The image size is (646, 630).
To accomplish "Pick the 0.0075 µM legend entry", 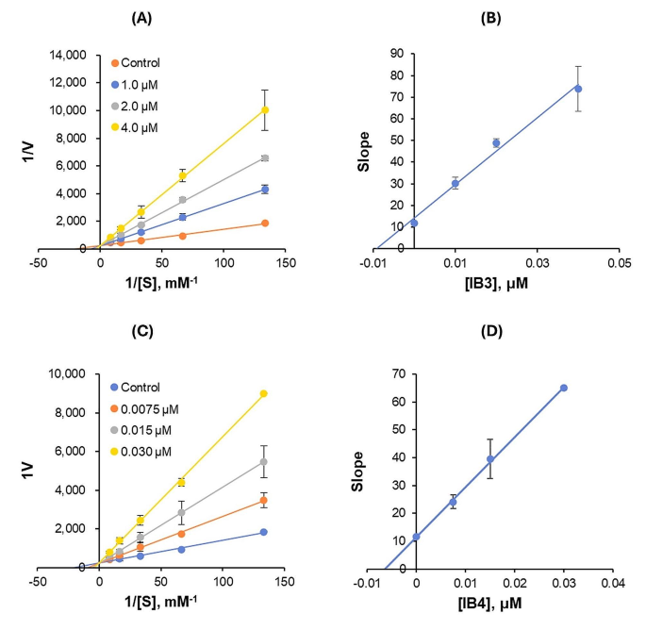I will click(x=150, y=410).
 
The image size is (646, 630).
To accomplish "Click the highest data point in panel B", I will click(x=578, y=89).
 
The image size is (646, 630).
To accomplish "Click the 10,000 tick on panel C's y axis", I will click(x=65, y=374).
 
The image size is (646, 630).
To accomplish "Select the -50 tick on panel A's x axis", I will click(x=38, y=263).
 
